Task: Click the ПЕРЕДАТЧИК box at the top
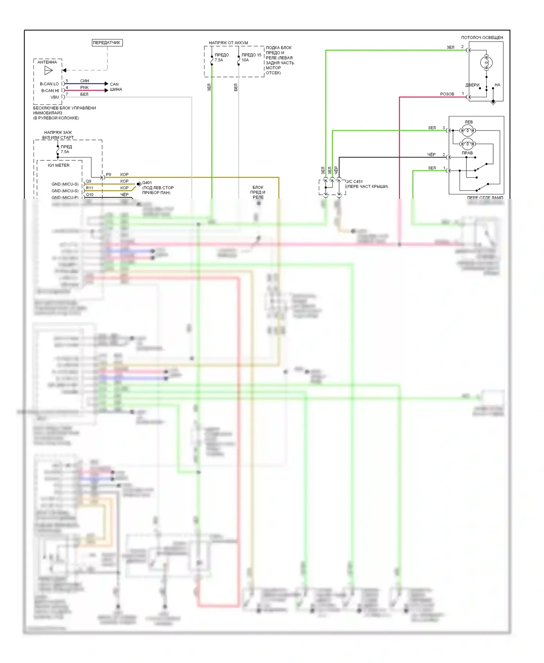point(107,43)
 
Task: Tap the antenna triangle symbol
point(49,70)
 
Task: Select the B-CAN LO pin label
point(49,84)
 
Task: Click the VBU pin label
point(54,97)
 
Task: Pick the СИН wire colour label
point(85,81)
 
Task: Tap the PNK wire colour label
point(85,87)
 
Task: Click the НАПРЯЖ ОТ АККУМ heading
point(228,43)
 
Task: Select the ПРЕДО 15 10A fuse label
point(251,57)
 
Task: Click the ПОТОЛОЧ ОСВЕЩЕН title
point(482,37)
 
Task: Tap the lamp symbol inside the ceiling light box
point(486,63)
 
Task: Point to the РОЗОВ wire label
point(447,94)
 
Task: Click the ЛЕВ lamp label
point(469,122)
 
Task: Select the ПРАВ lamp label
point(467,153)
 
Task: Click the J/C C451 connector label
point(354,181)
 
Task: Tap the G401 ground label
point(147,183)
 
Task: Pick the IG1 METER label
point(59,165)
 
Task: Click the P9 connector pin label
point(108,174)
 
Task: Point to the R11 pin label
point(90,188)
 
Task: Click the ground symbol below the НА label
point(493,103)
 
